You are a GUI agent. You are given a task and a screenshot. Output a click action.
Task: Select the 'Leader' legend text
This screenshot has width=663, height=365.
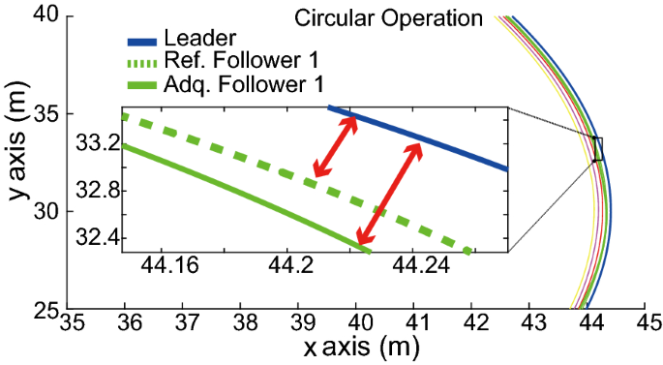(x=200, y=41)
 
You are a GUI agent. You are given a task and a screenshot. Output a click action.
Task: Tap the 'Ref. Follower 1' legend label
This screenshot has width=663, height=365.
(x=234, y=62)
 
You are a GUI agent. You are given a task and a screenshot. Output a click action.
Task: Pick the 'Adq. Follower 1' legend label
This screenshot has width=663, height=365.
(x=237, y=83)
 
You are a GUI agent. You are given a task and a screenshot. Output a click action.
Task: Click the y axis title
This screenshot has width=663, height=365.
(x=16, y=163)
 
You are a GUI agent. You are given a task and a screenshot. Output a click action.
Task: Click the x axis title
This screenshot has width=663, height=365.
(x=356, y=346)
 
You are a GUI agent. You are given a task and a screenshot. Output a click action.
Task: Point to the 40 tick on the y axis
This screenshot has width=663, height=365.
(x=46, y=16)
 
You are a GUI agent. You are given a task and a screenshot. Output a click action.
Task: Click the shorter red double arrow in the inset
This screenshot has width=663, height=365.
(x=335, y=146)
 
